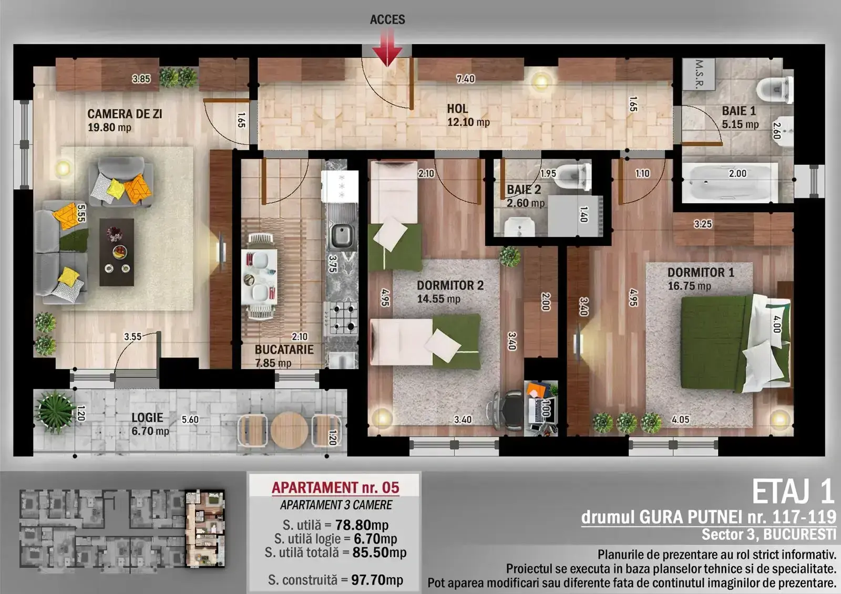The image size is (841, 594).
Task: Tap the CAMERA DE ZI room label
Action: pyautogui.click(x=125, y=114)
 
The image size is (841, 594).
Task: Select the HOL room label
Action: pyautogui.click(x=457, y=109)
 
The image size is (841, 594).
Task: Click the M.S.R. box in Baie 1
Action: pyautogui.click(x=699, y=74)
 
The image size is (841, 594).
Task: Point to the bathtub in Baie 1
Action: pyautogui.click(x=730, y=183)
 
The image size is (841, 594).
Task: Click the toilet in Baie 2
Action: pyautogui.click(x=573, y=175)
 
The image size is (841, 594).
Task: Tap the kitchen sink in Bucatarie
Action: pyautogui.click(x=342, y=236)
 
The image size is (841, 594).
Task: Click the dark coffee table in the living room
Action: pyautogui.click(x=117, y=252)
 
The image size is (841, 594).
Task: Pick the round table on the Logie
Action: pyautogui.click(x=289, y=430)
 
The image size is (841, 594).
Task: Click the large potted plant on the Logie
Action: pyautogui.click(x=55, y=412)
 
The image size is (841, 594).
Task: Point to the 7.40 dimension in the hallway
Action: pyautogui.click(x=466, y=79)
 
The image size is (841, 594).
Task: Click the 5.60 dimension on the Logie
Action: pyautogui.click(x=190, y=420)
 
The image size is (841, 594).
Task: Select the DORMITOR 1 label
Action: pyautogui.click(x=701, y=273)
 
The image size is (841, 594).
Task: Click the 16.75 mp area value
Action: pyautogui.click(x=689, y=286)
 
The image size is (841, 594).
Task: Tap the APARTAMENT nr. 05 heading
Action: pyautogui.click(x=335, y=487)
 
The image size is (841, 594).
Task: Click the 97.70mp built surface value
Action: pyautogui.click(x=377, y=580)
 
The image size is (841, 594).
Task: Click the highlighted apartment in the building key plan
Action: pyautogui.click(x=205, y=528)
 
